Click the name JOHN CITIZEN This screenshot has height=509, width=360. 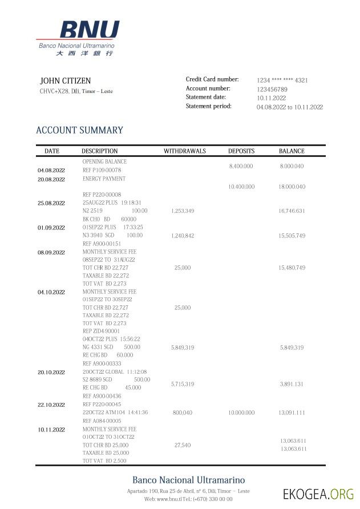pos(65,81)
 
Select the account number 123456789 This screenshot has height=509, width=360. pos(272,90)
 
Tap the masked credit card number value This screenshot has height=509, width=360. pos(282,80)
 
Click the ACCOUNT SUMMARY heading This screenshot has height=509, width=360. pos(79,130)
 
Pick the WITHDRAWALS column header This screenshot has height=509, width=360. pos(185,151)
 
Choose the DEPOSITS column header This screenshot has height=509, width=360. pos(241,151)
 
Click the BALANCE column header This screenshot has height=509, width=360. pos(292,151)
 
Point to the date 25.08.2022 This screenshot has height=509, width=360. pos(51,203)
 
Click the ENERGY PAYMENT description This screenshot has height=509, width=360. pos(104,179)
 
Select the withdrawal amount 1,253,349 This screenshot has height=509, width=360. pos(183,211)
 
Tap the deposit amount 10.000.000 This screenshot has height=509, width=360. pos(241,412)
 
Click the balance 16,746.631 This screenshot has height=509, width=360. pos(292,211)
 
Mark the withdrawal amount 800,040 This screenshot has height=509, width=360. pos(183,412)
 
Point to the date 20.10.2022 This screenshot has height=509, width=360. pos(51,372)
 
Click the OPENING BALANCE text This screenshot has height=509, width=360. pos(104,161)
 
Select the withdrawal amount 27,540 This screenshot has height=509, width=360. pos(183,445)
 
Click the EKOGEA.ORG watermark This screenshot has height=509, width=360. pos(318,494)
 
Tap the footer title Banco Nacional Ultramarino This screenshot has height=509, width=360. pos(188,480)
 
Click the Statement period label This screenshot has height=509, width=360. pos(209,107)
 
